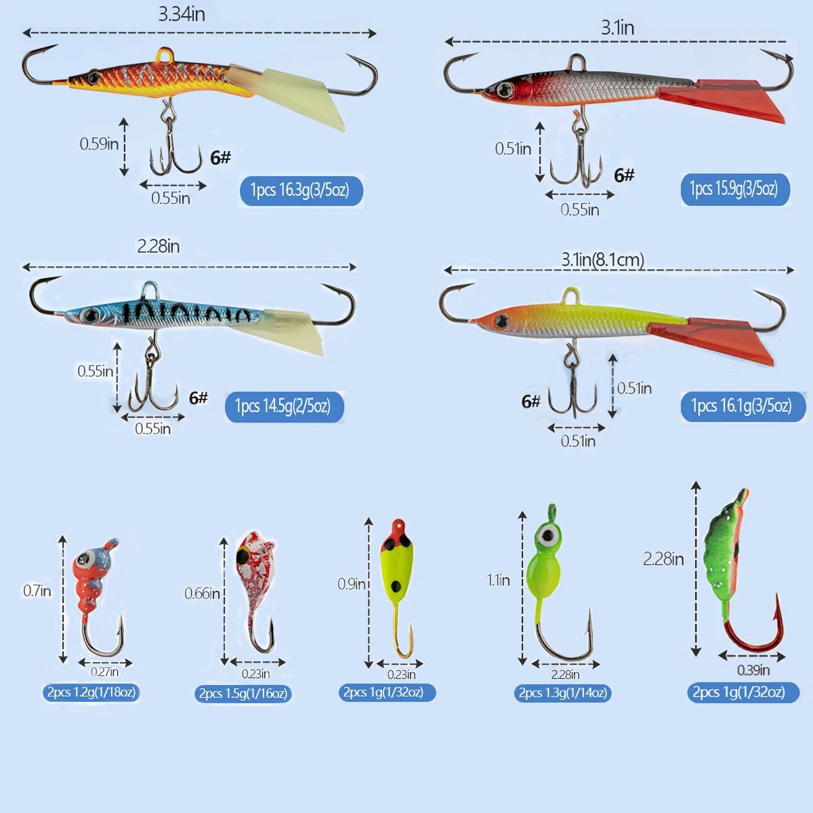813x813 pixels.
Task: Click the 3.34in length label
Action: click(x=182, y=14)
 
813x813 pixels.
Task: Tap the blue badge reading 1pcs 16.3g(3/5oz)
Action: click(x=301, y=190)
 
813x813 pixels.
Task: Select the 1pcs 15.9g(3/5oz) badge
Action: click(x=735, y=190)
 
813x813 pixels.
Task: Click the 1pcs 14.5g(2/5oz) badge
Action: click(x=285, y=406)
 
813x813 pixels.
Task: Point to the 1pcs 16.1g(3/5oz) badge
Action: click(x=743, y=406)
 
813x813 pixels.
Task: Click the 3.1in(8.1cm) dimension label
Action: click(x=602, y=260)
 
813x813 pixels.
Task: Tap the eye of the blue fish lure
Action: click(x=90, y=315)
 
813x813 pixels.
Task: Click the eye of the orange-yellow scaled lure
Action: click(x=93, y=78)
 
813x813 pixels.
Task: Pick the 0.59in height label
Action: click(x=99, y=144)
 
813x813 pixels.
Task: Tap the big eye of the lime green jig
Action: click(x=548, y=536)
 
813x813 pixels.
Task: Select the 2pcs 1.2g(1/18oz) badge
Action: click(x=91, y=692)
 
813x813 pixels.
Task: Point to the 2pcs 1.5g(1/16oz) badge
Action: click(x=243, y=694)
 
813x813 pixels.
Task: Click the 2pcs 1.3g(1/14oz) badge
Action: click(x=562, y=693)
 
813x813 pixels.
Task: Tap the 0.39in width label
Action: click(x=753, y=670)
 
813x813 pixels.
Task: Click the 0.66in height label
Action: click(x=202, y=593)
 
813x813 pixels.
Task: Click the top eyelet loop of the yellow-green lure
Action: click(x=571, y=295)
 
